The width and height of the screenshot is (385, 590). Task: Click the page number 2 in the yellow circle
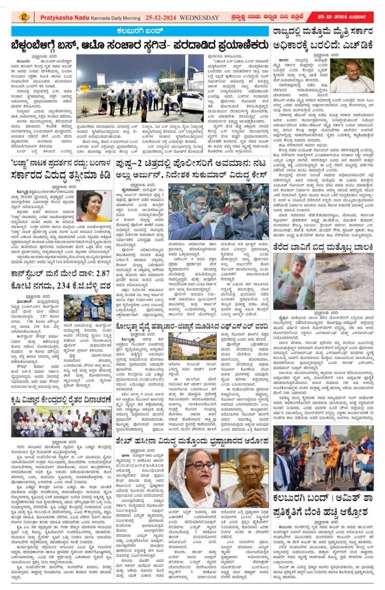pos(24,16)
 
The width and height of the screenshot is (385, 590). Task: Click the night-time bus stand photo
pos(140,86)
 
